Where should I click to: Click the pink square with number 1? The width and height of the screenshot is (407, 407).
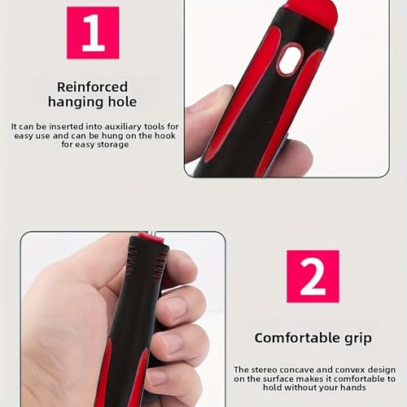click(93, 33)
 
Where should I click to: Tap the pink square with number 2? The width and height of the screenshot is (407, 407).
click(313, 276)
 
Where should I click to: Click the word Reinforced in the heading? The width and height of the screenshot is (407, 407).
click(92, 87)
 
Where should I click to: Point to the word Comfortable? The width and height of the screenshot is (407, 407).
click(296, 338)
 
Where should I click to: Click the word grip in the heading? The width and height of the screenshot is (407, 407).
click(357, 339)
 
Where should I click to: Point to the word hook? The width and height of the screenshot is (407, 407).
click(165, 135)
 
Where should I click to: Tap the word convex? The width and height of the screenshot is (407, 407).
click(350, 370)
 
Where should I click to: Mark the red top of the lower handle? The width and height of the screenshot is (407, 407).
click(151, 237)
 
